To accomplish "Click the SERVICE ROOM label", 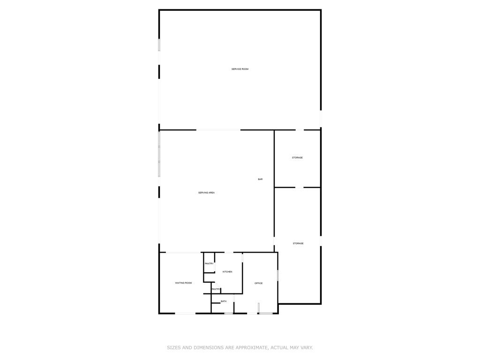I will (240, 69).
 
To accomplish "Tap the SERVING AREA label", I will (206, 193).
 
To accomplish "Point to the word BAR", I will (260, 179).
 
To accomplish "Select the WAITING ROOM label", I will (183, 283).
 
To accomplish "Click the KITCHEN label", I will (227, 272).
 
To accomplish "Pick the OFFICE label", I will (258, 283).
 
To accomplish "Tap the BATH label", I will (224, 301).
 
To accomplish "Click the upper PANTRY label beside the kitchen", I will (209, 263).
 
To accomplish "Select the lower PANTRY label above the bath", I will (216, 289).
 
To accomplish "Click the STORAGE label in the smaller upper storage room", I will (297, 157).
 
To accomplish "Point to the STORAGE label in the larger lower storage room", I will (298, 243).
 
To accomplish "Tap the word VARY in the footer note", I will (307, 348).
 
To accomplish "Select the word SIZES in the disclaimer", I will (173, 348).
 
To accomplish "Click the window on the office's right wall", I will (277, 275).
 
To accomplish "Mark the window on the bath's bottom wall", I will (228, 313).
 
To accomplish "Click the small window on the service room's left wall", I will (159, 45).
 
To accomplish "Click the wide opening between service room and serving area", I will (218, 130).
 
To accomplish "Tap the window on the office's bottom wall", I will (266, 313).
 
